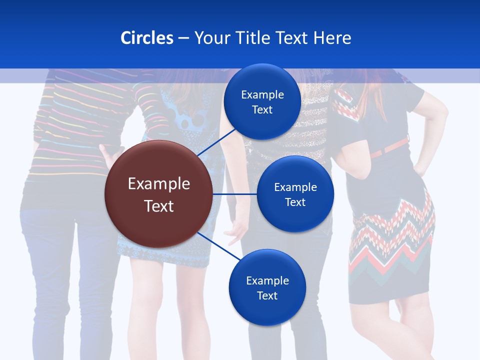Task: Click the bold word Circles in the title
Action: click(x=147, y=38)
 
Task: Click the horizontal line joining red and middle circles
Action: click(x=235, y=194)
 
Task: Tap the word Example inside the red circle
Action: click(x=159, y=184)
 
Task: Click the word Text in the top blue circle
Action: click(x=262, y=109)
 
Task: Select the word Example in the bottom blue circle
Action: click(x=267, y=280)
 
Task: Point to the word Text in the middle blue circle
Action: click(x=295, y=202)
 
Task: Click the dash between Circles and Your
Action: click(x=183, y=38)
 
